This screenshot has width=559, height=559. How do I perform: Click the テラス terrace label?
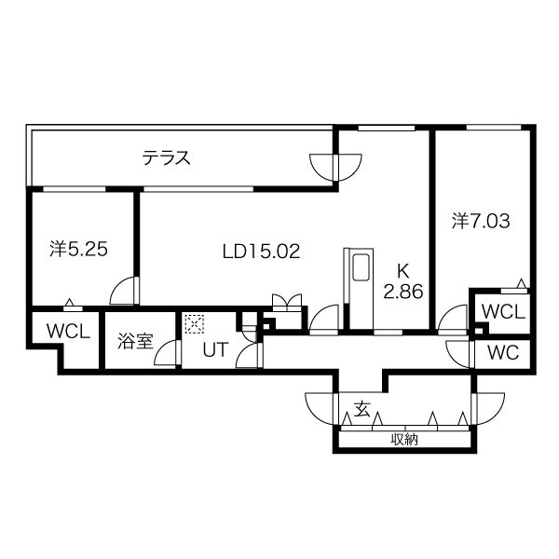point(167,157)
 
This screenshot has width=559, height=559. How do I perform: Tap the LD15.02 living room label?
point(261,252)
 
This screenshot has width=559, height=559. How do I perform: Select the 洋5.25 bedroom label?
point(79,249)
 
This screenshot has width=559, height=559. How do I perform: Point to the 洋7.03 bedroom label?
point(481,221)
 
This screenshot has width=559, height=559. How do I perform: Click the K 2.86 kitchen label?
point(403,281)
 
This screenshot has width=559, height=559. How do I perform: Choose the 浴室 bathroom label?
point(135,341)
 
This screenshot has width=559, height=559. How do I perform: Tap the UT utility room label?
point(215,350)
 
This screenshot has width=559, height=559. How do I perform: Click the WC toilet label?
point(503,353)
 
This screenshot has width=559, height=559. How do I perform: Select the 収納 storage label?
point(404,440)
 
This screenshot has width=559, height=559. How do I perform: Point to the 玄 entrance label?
point(361,410)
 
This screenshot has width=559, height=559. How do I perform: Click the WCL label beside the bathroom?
point(68,332)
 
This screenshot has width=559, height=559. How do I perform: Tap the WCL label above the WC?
point(503,312)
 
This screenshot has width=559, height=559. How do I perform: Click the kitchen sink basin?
point(361,267)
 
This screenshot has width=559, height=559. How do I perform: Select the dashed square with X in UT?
point(195,323)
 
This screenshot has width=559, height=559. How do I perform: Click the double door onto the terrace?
point(335,167)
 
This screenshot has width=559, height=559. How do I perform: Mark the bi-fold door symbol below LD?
point(287,300)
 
